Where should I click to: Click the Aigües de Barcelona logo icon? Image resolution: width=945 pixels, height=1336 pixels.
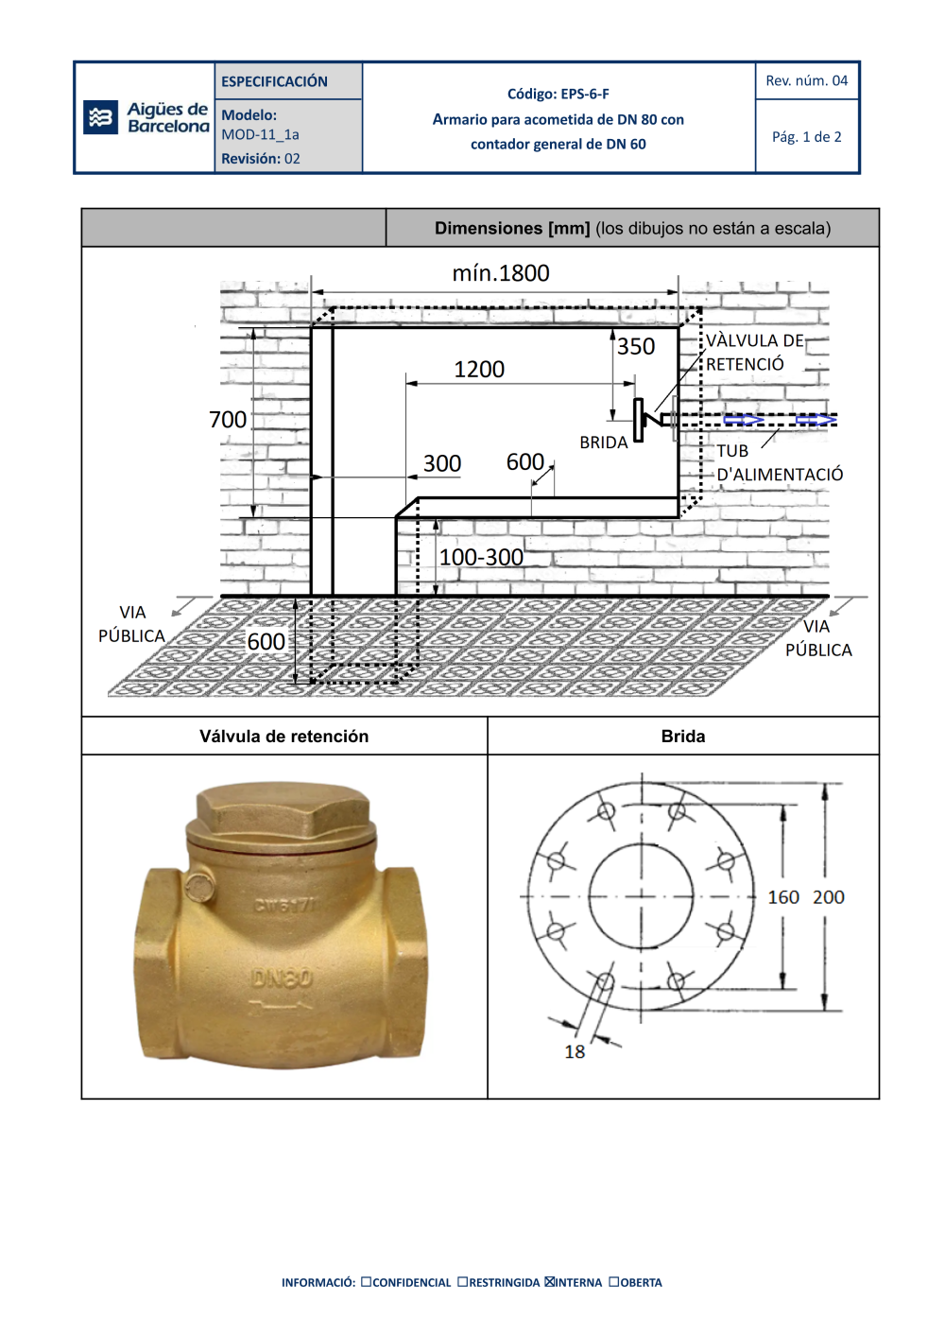click(100, 117)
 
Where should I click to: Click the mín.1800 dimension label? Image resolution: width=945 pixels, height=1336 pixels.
click(501, 273)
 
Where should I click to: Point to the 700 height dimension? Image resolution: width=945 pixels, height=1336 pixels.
click(227, 419)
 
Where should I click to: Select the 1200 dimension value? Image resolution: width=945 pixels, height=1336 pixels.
click(479, 369)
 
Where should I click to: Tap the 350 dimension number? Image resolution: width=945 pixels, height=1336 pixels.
click(636, 346)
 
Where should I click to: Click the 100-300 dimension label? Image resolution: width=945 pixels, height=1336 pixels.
click(481, 558)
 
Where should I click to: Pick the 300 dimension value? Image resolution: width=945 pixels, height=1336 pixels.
click(442, 463)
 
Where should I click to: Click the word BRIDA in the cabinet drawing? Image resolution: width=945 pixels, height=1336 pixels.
click(603, 442)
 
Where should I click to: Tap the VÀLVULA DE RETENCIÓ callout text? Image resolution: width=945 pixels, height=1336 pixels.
click(755, 353)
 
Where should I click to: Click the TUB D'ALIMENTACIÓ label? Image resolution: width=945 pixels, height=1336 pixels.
click(780, 463)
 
